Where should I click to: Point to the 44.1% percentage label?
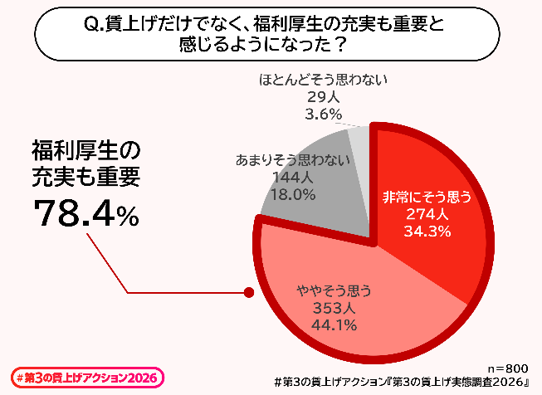tap(334, 324)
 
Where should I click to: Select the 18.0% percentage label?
tap(293, 194)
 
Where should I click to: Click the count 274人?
tap(427, 214)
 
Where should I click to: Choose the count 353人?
tap(334, 308)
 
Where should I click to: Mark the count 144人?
tap(293, 177)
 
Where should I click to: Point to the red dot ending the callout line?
tap(247, 292)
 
